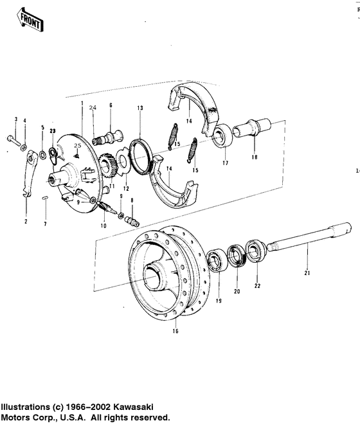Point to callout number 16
(175, 331)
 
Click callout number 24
(93, 107)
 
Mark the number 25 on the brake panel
(76, 147)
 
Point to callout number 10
(103, 226)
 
